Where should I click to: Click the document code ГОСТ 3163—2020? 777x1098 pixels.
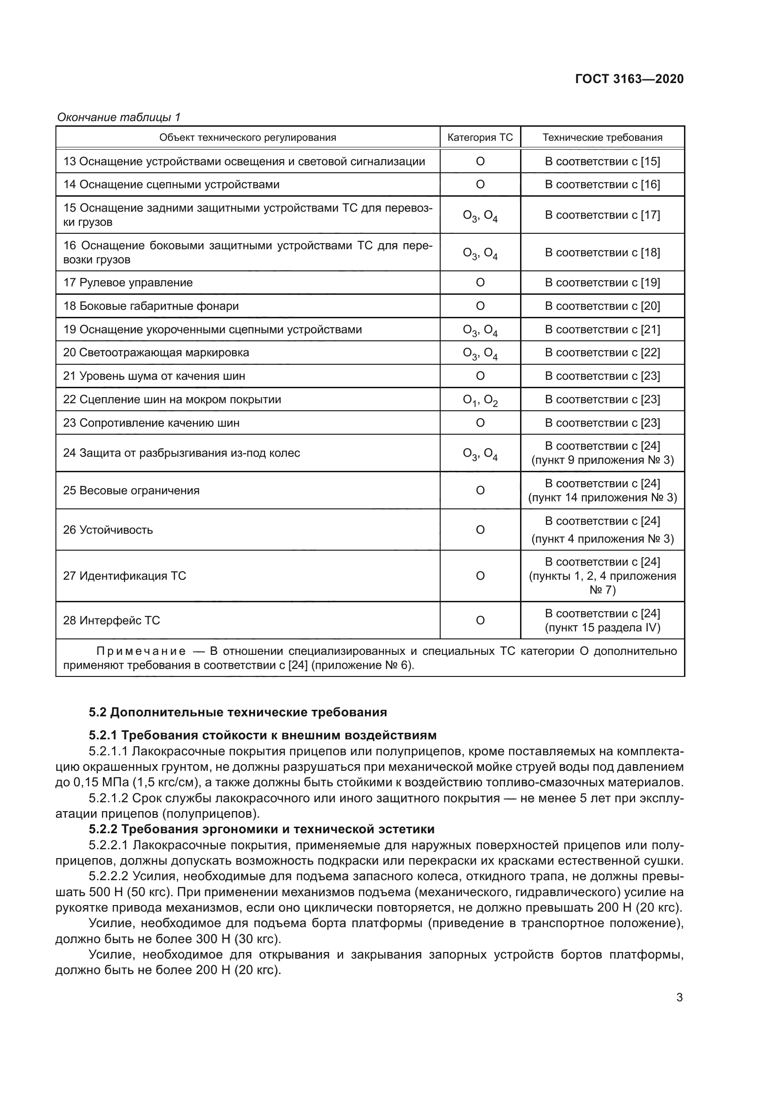point(629,79)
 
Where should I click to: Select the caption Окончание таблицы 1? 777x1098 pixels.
point(119,117)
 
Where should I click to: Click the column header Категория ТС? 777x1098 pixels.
point(480,138)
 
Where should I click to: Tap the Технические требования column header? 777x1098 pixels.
point(602,138)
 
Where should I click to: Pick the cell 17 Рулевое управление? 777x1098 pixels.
point(128,283)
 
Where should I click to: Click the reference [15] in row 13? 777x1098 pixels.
point(650,161)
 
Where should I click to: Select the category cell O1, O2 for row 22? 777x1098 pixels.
point(480,400)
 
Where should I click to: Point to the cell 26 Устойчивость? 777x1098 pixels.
point(108,530)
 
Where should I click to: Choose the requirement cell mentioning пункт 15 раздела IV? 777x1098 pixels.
point(602,628)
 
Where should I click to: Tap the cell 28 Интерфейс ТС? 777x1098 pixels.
point(111,621)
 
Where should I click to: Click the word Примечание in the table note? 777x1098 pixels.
point(141,652)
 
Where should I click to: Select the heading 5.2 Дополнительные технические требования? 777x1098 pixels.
point(238,713)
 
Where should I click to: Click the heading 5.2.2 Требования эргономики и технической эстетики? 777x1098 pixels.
point(262,829)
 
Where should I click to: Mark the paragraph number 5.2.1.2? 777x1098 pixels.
point(108,798)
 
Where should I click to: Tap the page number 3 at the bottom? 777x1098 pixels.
point(679,998)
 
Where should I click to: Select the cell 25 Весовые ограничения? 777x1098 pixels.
point(132,491)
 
